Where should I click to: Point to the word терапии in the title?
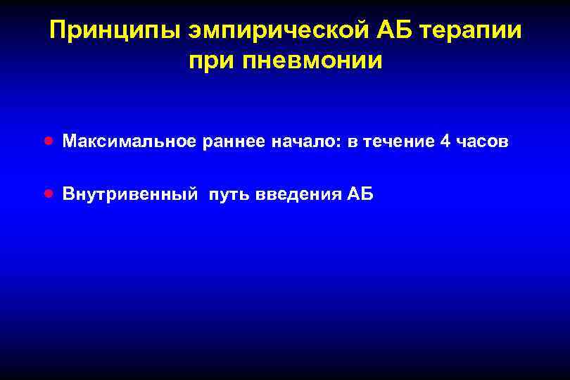click(x=476, y=30)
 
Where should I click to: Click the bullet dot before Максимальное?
click(x=47, y=141)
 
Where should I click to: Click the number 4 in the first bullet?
click(x=445, y=141)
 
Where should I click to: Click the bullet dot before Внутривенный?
click(x=47, y=193)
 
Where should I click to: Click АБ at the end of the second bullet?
click(x=361, y=194)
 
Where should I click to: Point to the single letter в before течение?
click(x=351, y=142)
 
